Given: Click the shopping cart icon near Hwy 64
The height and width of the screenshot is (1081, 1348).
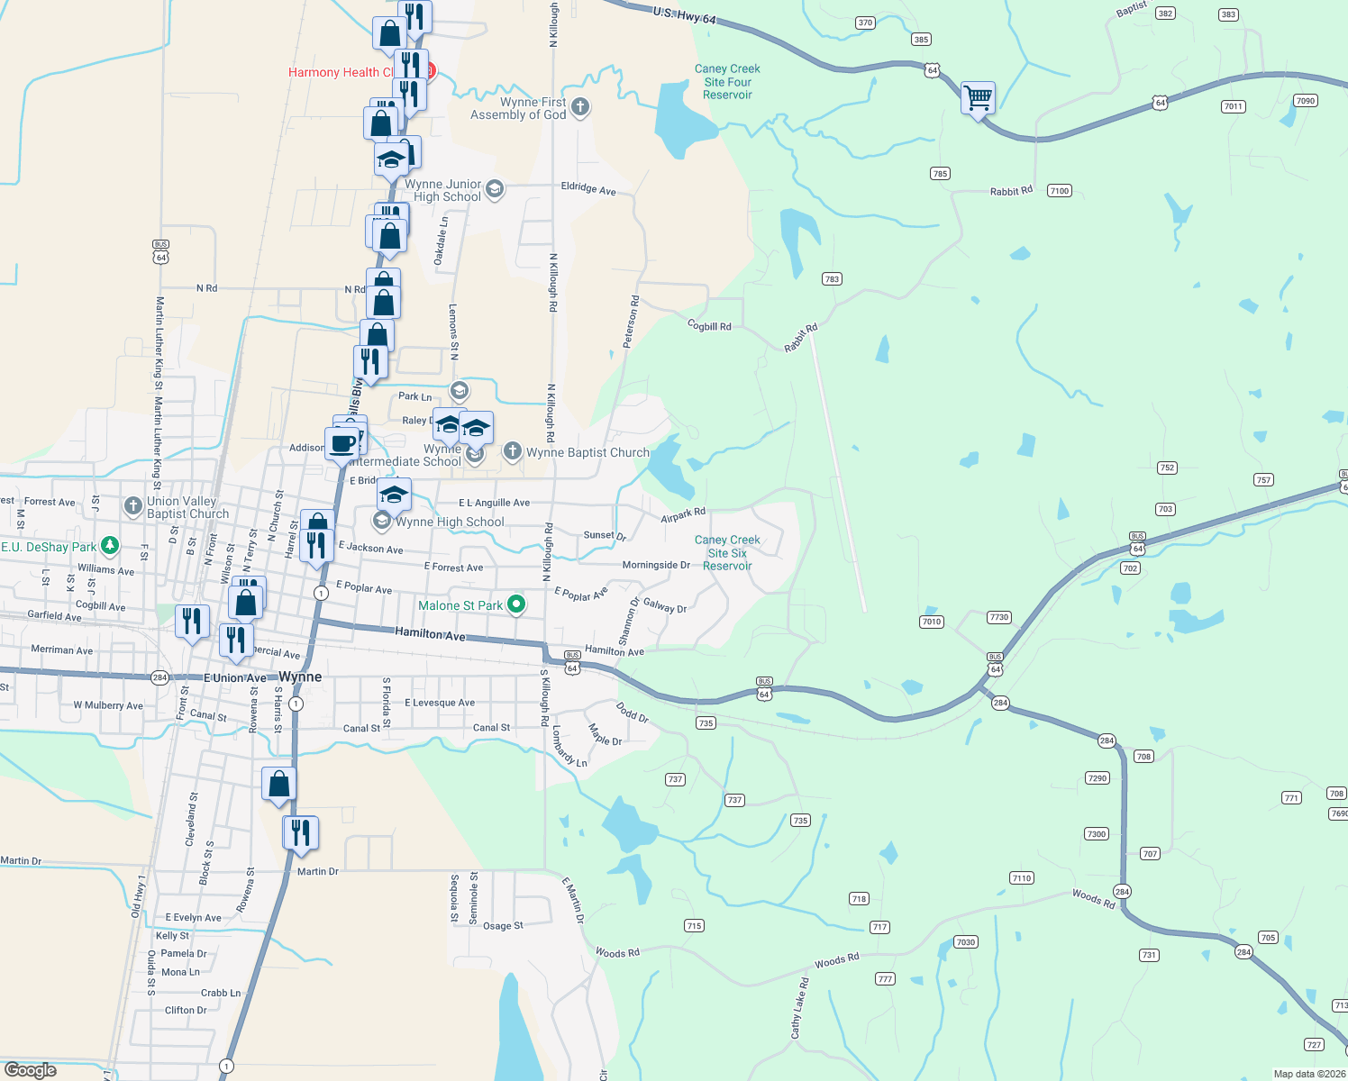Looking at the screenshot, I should click(x=978, y=96).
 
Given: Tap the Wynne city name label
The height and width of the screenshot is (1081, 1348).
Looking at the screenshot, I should click(x=300, y=677).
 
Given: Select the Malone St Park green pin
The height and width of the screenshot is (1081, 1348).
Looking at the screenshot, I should click(x=516, y=604).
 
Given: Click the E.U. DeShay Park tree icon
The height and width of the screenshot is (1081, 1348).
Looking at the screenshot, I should click(x=110, y=545).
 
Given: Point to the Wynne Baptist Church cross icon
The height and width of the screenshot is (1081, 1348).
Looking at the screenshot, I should click(x=512, y=451).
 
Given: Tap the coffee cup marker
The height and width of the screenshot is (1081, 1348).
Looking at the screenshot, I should click(x=343, y=443).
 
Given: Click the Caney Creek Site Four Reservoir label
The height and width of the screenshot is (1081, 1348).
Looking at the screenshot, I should click(x=727, y=82).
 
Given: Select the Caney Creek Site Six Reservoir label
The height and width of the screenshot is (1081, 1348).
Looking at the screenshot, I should click(x=727, y=553).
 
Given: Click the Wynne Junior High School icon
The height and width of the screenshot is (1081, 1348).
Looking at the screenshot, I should click(x=494, y=189).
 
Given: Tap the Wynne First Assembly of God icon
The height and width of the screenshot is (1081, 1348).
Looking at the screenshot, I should click(x=580, y=108).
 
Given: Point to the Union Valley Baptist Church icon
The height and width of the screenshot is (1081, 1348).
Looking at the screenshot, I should click(x=133, y=506).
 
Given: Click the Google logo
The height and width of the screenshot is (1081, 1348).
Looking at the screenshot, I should click(x=31, y=1069).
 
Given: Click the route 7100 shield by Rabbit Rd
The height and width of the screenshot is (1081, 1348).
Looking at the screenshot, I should click(x=1059, y=191).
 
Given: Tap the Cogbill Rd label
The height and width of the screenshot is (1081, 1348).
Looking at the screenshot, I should click(x=709, y=325).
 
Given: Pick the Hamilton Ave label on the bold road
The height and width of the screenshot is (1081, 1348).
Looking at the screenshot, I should click(x=430, y=634).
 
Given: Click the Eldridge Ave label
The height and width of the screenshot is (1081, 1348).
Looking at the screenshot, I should click(x=588, y=188).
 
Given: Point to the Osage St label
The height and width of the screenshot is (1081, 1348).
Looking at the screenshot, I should click(x=503, y=926).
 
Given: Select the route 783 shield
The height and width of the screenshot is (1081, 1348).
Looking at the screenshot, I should click(x=832, y=279).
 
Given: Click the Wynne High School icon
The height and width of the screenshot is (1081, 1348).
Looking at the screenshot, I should click(x=382, y=522).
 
